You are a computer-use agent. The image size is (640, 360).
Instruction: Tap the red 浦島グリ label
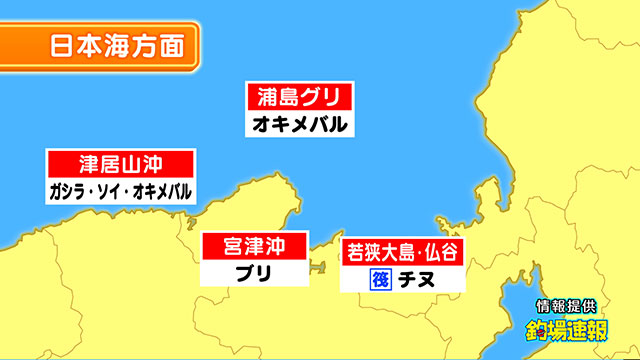click(299, 99)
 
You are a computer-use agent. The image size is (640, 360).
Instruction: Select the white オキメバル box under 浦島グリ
click(299, 125)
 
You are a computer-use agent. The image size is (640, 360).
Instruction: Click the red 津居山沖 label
click(120, 164)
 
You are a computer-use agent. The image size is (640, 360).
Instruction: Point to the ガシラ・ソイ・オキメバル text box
click(120, 191)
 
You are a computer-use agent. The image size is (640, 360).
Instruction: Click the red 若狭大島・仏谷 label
click(404, 251)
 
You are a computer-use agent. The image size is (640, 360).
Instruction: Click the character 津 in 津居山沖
click(88, 164)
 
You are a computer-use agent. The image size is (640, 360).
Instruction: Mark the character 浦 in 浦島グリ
click(265, 99)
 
